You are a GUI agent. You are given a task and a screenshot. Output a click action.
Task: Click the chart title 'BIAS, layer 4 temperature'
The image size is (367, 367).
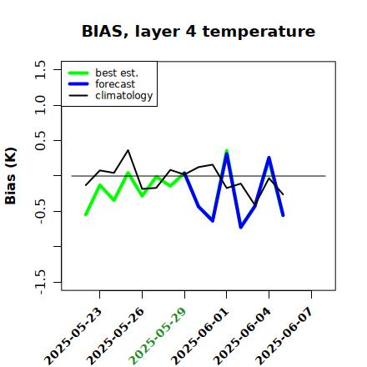pos(199,31)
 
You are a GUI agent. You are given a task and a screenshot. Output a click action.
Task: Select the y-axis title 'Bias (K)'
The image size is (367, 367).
pos(11,176)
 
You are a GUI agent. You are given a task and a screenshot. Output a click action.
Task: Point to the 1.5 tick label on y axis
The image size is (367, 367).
pos(40,69)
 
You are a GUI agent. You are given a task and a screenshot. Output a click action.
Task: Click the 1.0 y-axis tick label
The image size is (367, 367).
pos(40,105)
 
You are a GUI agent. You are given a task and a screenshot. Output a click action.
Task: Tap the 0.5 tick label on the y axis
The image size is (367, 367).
pos(40,140)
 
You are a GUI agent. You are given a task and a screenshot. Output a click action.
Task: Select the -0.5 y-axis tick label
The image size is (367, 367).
pos(40,211)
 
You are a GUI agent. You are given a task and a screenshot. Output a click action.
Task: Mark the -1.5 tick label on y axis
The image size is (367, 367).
pos(40,282)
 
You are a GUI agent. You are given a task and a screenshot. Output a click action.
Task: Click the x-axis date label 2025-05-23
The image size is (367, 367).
pos(73,336)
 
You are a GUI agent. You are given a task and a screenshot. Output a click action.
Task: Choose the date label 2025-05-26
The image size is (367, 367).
pos(115,336)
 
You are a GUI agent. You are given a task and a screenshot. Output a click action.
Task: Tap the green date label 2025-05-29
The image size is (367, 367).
pos(158,336)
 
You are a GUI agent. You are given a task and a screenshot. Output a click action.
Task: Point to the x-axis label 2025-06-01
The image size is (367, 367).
pos(199,336)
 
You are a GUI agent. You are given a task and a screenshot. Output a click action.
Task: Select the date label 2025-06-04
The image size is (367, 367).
pos(242,336)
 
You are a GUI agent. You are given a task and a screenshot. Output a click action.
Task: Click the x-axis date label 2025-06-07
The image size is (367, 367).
pos(284,336)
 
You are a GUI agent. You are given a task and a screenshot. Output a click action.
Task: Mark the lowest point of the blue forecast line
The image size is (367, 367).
pos(241,228)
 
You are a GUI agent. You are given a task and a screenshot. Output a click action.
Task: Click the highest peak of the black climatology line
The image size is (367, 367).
pos(128,150)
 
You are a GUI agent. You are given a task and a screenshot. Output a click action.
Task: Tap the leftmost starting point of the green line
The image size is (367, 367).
pos(86,214)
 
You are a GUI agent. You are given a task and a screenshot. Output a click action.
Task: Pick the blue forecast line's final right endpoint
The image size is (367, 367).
pos(283,215)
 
